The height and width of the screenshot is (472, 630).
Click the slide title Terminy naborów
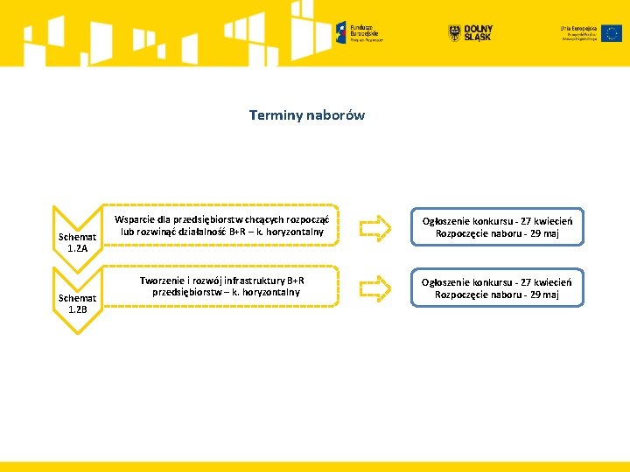(306, 115)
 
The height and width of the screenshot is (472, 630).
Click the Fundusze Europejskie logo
(360, 32)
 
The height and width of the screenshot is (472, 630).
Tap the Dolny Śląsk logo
(470, 32)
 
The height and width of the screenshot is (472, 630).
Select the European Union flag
(612, 32)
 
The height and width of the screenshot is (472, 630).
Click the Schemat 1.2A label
(78, 242)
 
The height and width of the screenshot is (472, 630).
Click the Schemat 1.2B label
(78, 303)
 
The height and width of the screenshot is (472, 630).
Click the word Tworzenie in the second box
(163, 281)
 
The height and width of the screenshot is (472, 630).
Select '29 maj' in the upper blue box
(542, 233)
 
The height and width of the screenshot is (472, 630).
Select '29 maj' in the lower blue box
(542, 295)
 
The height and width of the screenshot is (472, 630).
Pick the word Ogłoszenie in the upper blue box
(447, 221)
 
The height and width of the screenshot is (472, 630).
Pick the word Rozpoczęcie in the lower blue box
(463, 295)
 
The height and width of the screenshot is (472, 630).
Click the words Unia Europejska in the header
(578, 28)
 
